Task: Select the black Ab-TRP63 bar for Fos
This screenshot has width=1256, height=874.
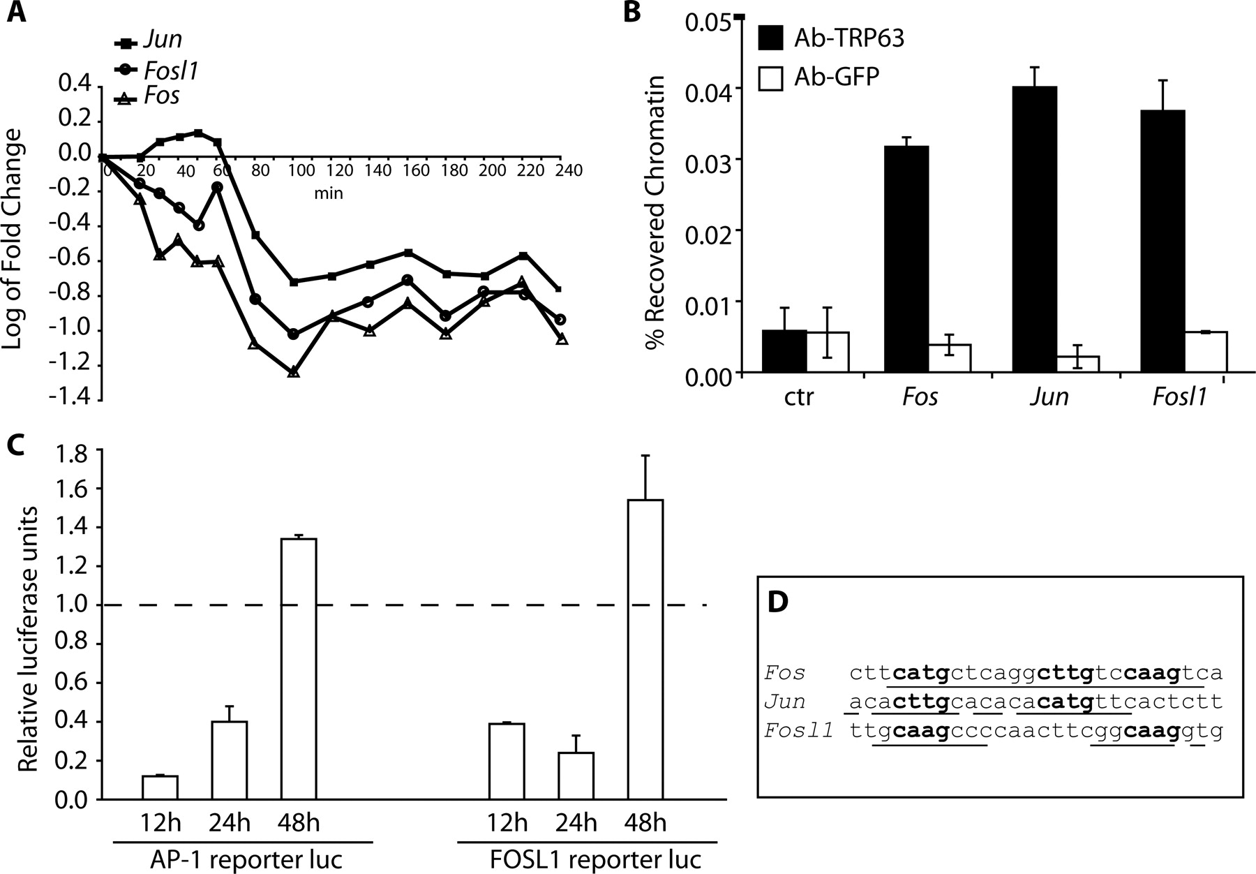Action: [x=906, y=260]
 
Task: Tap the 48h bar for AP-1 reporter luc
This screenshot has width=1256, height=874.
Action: [x=299, y=669]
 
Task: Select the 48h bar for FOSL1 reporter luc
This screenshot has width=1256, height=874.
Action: [x=645, y=649]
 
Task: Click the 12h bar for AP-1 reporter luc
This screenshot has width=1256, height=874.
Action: [x=160, y=787]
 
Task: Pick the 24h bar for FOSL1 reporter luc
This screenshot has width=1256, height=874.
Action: [x=576, y=776]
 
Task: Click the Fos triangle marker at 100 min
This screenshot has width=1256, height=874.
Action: [x=294, y=371]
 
